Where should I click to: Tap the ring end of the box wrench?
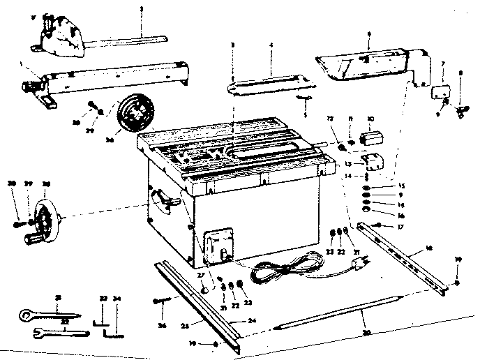pos(26,317)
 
